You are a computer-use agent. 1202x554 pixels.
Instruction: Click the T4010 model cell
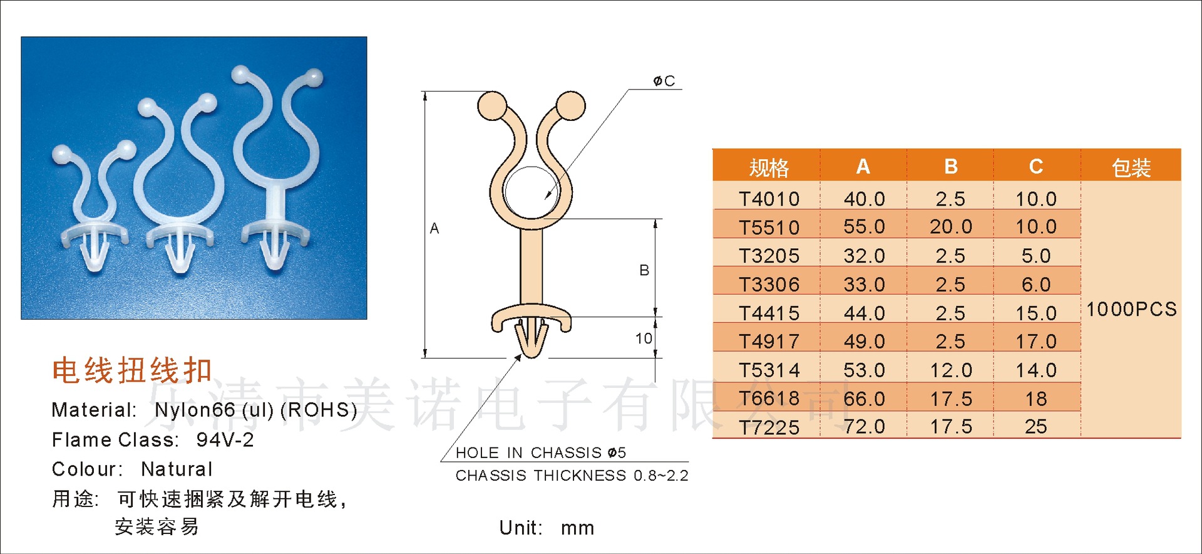point(769,199)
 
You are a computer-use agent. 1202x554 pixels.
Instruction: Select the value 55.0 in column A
point(864,227)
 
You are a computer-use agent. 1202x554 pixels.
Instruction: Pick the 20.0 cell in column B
point(950,227)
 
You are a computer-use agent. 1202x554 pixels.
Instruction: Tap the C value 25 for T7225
point(1036,427)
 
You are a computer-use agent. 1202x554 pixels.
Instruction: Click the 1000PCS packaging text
point(1131,310)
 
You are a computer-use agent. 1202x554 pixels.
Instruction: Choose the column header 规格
point(769,167)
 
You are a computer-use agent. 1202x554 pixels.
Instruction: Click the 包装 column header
point(1131,167)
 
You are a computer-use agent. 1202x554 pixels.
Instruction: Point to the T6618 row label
point(769,399)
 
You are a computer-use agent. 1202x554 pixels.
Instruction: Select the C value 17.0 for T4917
point(1036,342)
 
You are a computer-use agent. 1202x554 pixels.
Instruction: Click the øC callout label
point(664,81)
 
